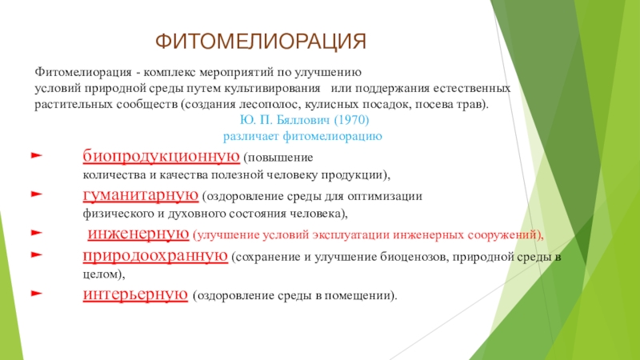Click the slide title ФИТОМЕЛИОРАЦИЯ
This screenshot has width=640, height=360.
pyautogui.click(x=261, y=42)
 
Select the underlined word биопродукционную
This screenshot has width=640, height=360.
pyautogui.click(x=162, y=156)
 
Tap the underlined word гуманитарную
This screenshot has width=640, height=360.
pyautogui.click(x=141, y=195)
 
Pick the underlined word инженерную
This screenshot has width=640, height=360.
pyautogui.click(x=138, y=234)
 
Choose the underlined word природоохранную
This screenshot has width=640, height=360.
pyautogui.click(x=155, y=256)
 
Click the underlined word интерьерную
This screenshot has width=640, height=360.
pyautogui.click(x=135, y=294)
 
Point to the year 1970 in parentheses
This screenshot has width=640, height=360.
pyautogui.click(x=351, y=120)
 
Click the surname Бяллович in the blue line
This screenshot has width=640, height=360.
pyautogui.click(x=304, y=120)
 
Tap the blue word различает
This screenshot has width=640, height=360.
pyautogui.click(x=251, y=136)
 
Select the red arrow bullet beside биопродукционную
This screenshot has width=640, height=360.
pyautogui.click(x=37, y=155)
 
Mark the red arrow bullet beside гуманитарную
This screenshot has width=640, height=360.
pyautogui.click(x=37, y=194)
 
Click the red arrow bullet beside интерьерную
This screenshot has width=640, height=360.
pyautogui.click(x=37, y=293)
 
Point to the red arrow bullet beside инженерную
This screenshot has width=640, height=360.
pyautogui.click(x=37, y=233)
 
